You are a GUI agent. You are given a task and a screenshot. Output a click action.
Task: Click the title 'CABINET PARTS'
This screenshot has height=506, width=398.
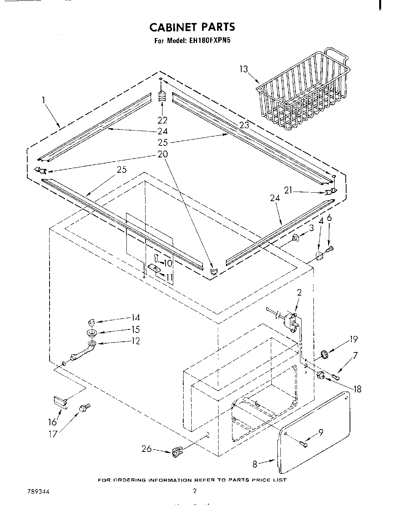[192, 27]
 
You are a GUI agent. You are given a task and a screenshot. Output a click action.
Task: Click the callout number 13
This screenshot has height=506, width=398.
[243, 69]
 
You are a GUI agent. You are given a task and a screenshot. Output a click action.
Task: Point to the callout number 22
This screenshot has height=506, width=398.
[163, 120]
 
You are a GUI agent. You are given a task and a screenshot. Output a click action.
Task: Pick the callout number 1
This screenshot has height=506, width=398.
[44, 100]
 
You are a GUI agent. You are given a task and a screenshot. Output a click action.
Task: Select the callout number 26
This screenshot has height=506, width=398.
[146, 448]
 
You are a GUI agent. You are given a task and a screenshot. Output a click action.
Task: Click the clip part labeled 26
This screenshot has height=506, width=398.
[176, 452]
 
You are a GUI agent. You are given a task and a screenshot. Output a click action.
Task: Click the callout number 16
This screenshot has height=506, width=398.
[52, 422]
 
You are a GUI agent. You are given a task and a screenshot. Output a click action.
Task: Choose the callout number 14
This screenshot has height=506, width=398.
[135, 317]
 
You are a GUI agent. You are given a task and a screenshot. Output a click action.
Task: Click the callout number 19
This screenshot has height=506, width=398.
[354, 339]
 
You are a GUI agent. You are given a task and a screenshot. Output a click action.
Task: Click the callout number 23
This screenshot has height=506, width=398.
[244, 125]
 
